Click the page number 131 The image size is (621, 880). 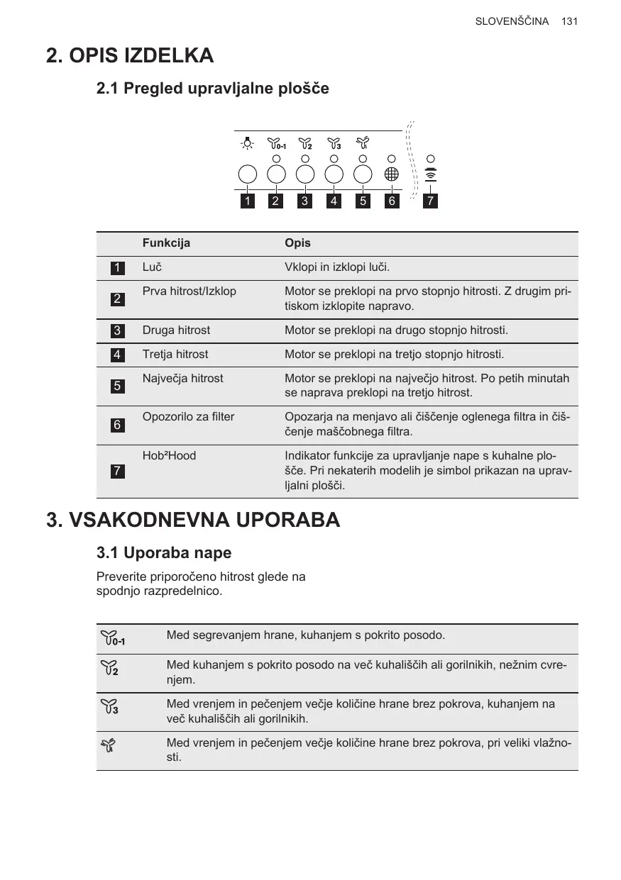pyautogui.click(x=569, y=21)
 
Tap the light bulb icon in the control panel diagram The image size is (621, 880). pyautogui.click(x=247, y=144)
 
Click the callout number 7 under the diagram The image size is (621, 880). pyautogui.click(x=430, y=201)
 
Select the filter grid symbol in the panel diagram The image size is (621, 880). pyautogui.click(x=392, y=174)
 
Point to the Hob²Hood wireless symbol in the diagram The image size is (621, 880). pyautogui.click(x=430, y=175)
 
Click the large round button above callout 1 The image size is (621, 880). pyautogui.click(x=247, y=174)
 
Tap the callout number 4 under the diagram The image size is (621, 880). pyautogui.click(x=334, y=201)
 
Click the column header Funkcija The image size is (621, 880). pyautogui.click(x=166, y=243)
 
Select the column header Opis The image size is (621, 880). pyautogui.click(x=297, y=243)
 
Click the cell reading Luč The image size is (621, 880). pyautogui.click(x=153, y=267)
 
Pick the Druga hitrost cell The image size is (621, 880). pyautogui.click(x=176, y=330)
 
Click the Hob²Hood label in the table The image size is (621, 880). pyautogui.click(x=169, y=456)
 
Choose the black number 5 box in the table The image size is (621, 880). pyautogui.click(x=117, y=386)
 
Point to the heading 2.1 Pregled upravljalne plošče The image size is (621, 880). pyautogui.click(x=212, y=89)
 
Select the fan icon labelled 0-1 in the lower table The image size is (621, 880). pyautogui.click(x=113, y=638)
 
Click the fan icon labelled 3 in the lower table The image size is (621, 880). pyautogui.click(x=110, y=706)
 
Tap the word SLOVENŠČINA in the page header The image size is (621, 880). pyautogui.click(x=512, y=21)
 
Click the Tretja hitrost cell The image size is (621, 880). pyautogui.click(x=175, y=355)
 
